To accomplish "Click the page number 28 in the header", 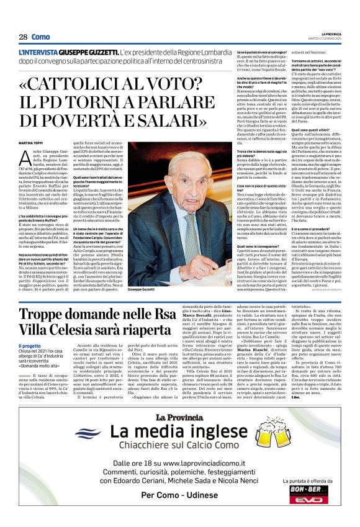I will [22, 37].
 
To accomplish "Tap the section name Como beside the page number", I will [40, 37].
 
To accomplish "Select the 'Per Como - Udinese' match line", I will [179, 512].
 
